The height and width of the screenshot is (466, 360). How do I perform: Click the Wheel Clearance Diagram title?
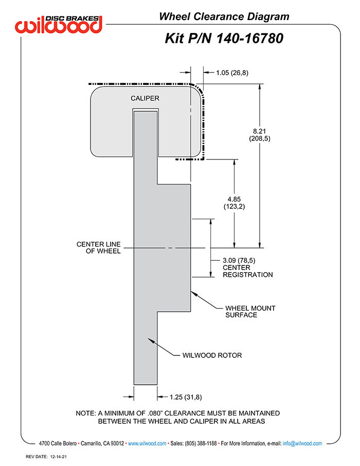(x=224, y=16)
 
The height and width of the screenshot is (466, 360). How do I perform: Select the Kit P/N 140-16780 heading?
(x=224, y=38)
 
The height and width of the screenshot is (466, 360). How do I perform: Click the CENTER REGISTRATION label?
(x=247, y=271)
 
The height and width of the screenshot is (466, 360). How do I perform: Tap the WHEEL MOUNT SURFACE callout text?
(x=250, y=312)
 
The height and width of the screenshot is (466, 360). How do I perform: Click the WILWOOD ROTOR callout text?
(x=212, y=355)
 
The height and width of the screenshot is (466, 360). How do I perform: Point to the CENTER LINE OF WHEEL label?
(x=99, y=247)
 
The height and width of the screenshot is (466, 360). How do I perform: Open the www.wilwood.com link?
(x=147, y=443)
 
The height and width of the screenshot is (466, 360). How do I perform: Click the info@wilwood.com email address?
(x=302, y=443)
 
